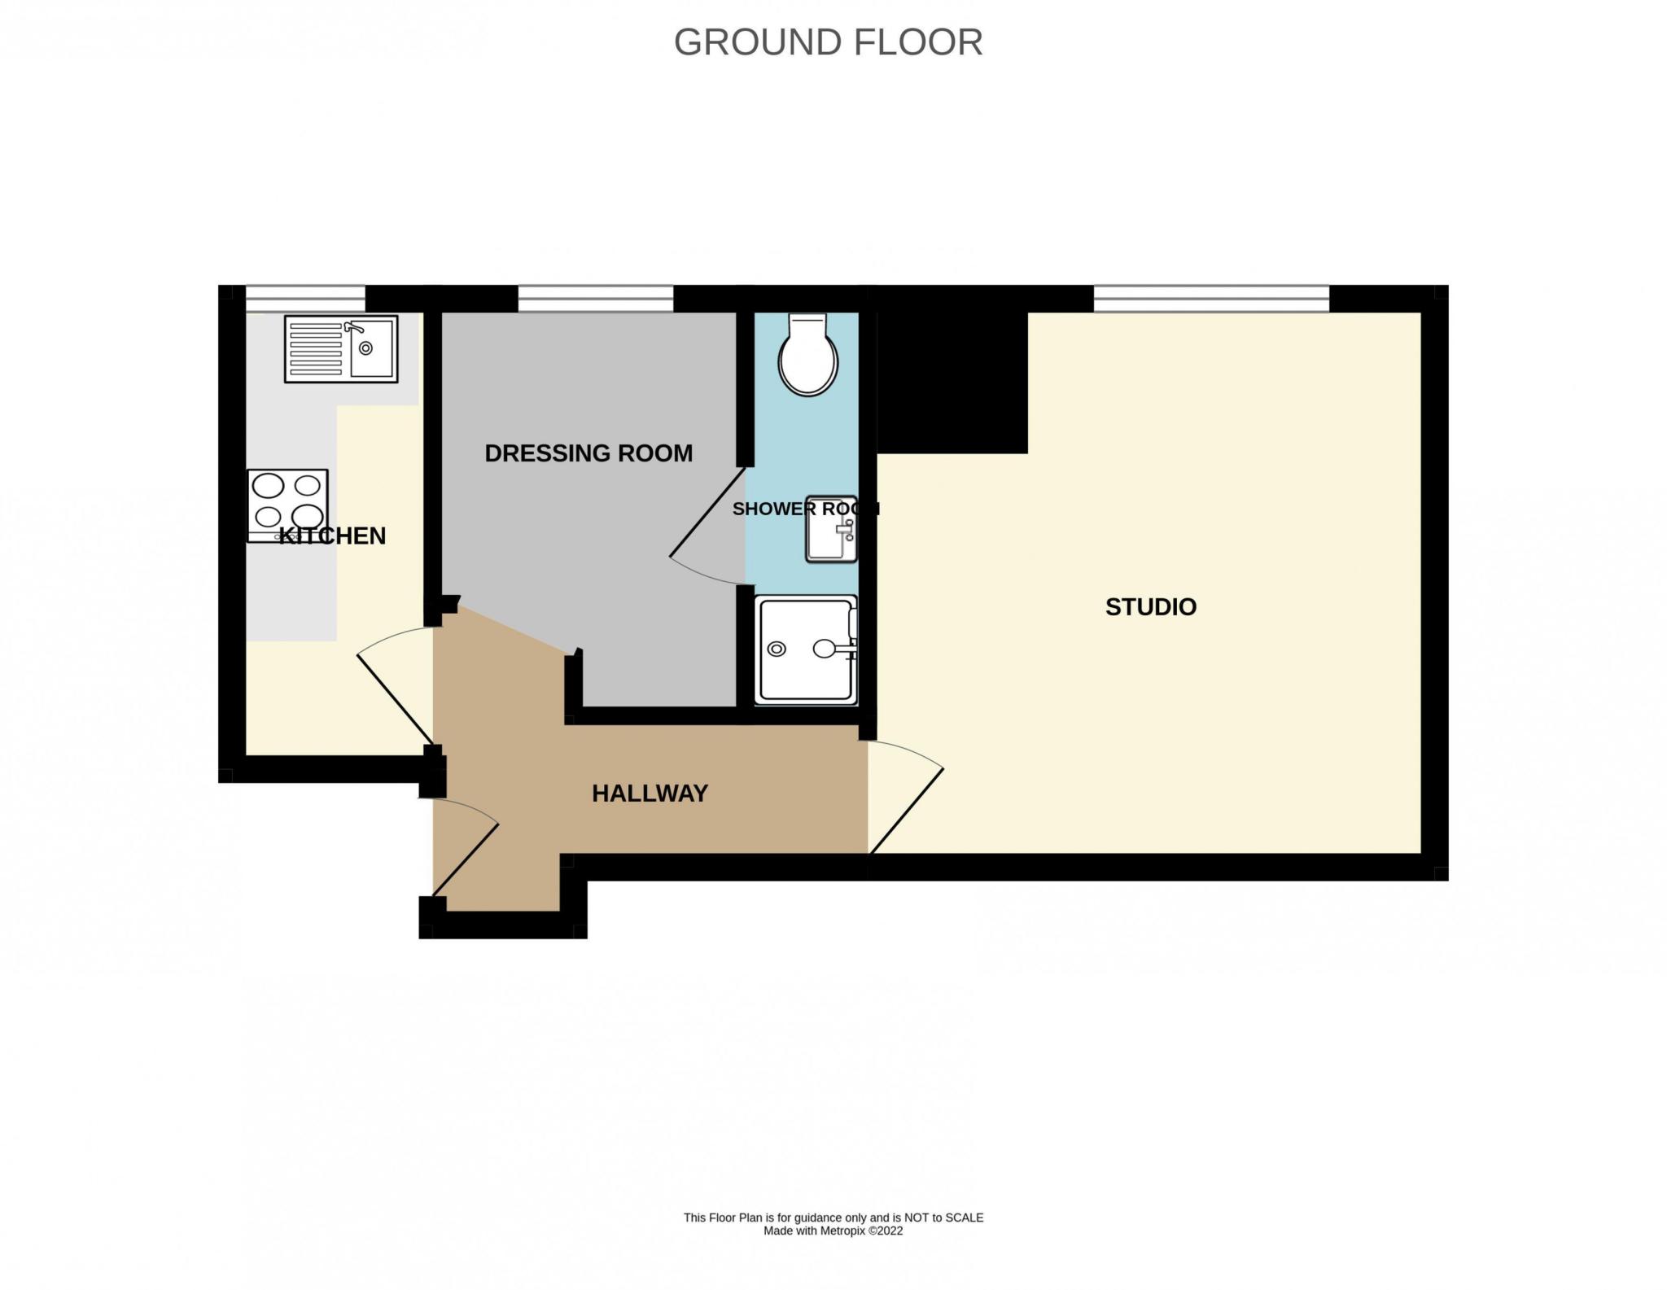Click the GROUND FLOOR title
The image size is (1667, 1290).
(828, 42)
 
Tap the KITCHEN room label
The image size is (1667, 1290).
(332, 536)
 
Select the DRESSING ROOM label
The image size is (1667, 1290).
(588, 453)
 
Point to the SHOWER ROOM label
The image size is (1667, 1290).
(806, 509)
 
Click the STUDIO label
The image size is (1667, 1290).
(1150, 606)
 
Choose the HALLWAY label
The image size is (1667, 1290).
(650, 794)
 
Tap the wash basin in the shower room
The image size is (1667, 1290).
(831, 529)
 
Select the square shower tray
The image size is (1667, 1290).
(806, 649)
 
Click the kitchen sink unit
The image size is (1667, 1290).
(341, 349)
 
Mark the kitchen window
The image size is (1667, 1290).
(305, 299)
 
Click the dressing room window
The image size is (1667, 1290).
(596, 299)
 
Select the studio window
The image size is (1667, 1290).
(1211, 299)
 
